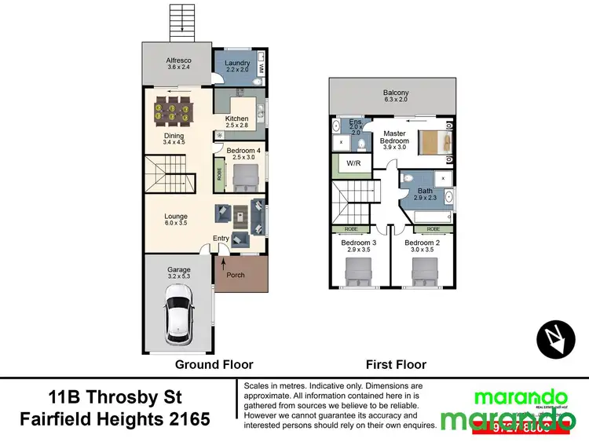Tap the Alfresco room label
coord(178,63)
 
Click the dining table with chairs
coord(172,110)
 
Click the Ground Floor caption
coord(214,364)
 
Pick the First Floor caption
coord(396,364)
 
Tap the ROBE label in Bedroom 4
coord(219,174)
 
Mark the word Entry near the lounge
coord(221,239)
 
